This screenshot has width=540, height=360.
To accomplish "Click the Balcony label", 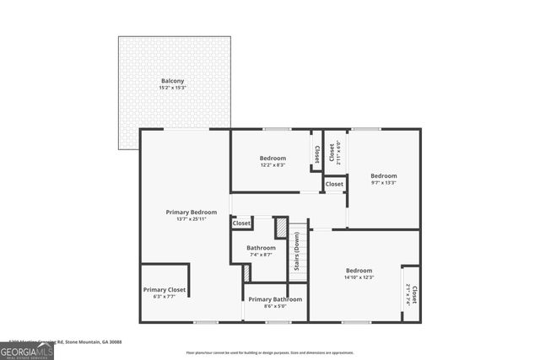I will point(173,81).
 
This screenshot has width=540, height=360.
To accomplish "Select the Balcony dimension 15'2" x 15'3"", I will point(173,88).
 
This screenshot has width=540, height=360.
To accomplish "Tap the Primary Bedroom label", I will point(192,212).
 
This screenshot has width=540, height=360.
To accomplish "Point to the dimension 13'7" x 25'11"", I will point(192,219).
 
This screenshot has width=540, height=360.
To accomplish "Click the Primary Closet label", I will point(165,289).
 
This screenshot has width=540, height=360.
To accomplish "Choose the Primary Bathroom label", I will point(275,299).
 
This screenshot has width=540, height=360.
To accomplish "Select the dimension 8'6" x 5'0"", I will point(275,306).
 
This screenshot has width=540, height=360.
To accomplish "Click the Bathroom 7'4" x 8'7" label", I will point(261,248).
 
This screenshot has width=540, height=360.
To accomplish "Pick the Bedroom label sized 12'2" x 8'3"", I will point(273,158).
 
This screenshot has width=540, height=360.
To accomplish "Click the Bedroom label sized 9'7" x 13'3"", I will point(384,175).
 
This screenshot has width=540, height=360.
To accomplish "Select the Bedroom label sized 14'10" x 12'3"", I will point(359,270).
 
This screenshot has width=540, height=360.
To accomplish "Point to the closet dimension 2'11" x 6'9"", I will point(338,152).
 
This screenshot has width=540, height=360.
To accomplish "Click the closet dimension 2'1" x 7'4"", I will point(408,295).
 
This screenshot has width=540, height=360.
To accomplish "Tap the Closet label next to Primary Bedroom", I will point(241,223).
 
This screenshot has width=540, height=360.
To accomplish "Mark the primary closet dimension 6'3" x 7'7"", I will point(165,296).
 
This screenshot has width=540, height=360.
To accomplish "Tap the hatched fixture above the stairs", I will point(282,228).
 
